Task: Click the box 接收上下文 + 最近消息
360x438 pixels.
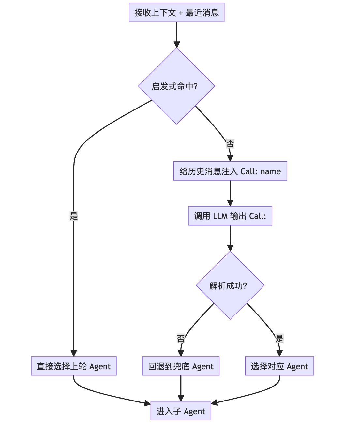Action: pyautogui.click(x=176, y=13)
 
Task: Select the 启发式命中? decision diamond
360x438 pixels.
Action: pyautogui.click(x=176, y=86)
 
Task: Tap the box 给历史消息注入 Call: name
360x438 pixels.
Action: pyautogui.click(x=230, y=171)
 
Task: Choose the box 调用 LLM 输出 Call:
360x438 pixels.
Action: pyautogui.click(x=230, y=216)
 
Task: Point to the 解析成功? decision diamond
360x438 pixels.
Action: pyautogui.click(x=230, y=285)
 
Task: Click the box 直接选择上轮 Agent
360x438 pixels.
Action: pyautogui.click(x=74, y=366)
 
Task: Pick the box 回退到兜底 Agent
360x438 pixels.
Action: pyautogui.click(x=181, y=366)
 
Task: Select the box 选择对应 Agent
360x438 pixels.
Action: pyautogui.click(x=279, y=366)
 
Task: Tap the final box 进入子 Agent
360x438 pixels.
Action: pyautogui.click(x=181, y=411)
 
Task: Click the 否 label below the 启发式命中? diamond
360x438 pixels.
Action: pyautogui.click(x=230, y=143)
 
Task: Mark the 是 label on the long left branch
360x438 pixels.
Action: pyautogui.click(x=74, y=216)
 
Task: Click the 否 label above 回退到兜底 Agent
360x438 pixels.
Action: pyautogui.click(x=181, y=339)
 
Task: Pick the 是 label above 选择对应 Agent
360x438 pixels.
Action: pyautogui.click(x=279, y=339)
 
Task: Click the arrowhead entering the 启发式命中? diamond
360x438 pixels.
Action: pyautogui.click(x=177, y=45)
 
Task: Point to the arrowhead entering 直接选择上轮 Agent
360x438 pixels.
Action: pyautogui.click(x=74, y=353)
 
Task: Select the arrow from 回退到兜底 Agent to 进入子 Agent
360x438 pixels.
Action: pyautogui.click(x=181, y=388)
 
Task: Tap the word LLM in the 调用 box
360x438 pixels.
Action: pyautogui.click(x=220, y=216)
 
